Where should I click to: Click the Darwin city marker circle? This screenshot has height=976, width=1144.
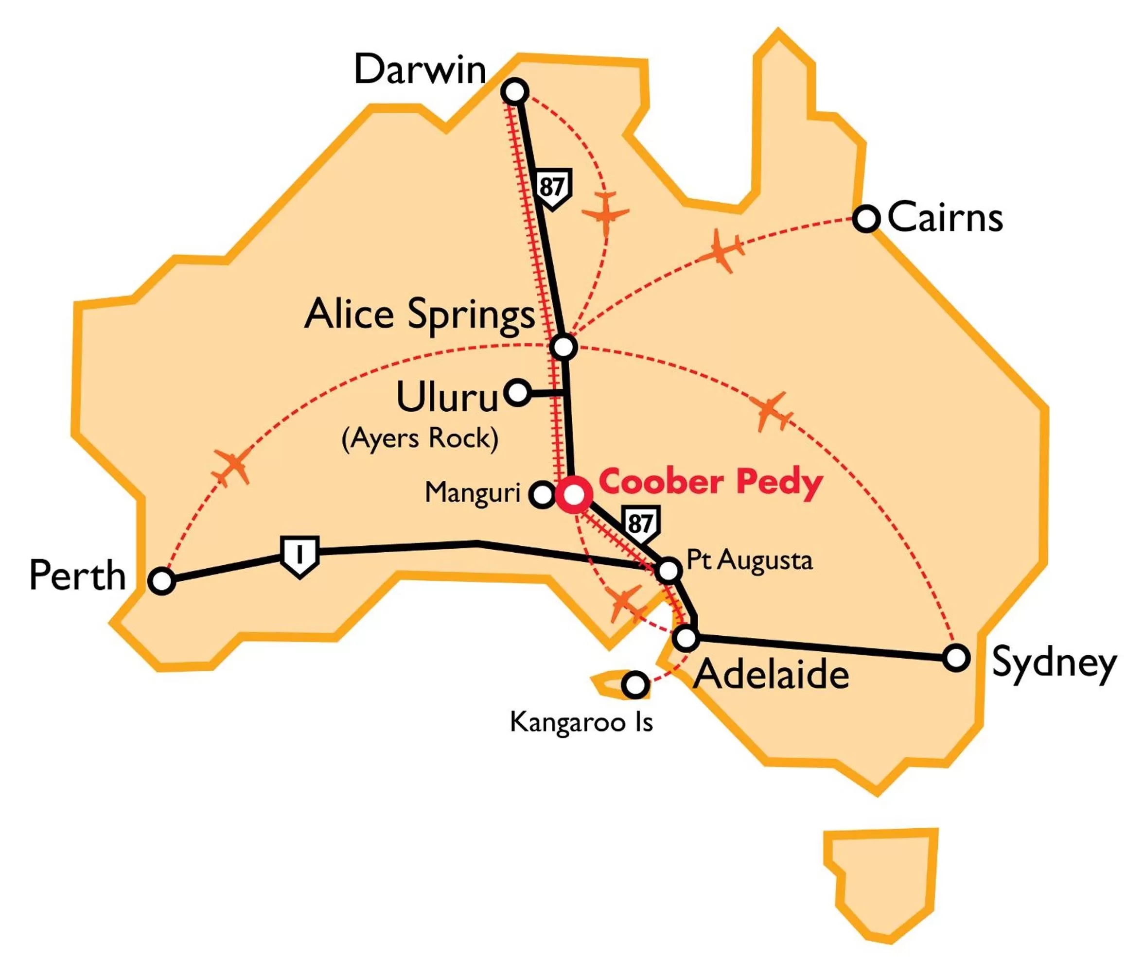point(514,92)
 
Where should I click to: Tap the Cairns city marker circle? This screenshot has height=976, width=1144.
point(866,219)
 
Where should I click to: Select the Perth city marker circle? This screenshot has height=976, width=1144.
point(162,581)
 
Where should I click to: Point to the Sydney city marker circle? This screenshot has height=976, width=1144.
point(956,658)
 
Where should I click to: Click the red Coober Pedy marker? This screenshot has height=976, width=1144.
point(574,495)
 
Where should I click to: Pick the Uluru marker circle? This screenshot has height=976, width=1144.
point(517,393)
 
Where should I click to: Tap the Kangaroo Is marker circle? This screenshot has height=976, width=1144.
point(635,684)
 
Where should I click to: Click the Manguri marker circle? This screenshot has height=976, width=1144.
point(542,495)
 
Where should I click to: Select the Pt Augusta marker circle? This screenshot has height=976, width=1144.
point(669,570)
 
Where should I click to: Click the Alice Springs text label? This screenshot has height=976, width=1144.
point(420,314)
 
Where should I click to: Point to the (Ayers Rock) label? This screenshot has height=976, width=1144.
point(420,439)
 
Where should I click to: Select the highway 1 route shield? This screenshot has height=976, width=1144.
point(299,556)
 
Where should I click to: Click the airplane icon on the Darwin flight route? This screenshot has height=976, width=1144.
point(606,213)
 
